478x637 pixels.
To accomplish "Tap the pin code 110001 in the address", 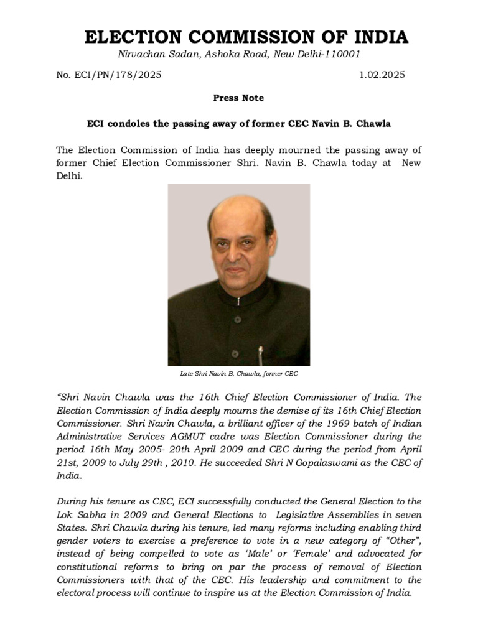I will (x=340, y=54).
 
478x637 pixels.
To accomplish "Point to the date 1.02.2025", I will (x=382, y=75).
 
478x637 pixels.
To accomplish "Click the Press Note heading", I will (x=238, y=98).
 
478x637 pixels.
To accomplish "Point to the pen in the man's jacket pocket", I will (x=261, y=356).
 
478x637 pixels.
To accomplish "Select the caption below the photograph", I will (x=239, y=374).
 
